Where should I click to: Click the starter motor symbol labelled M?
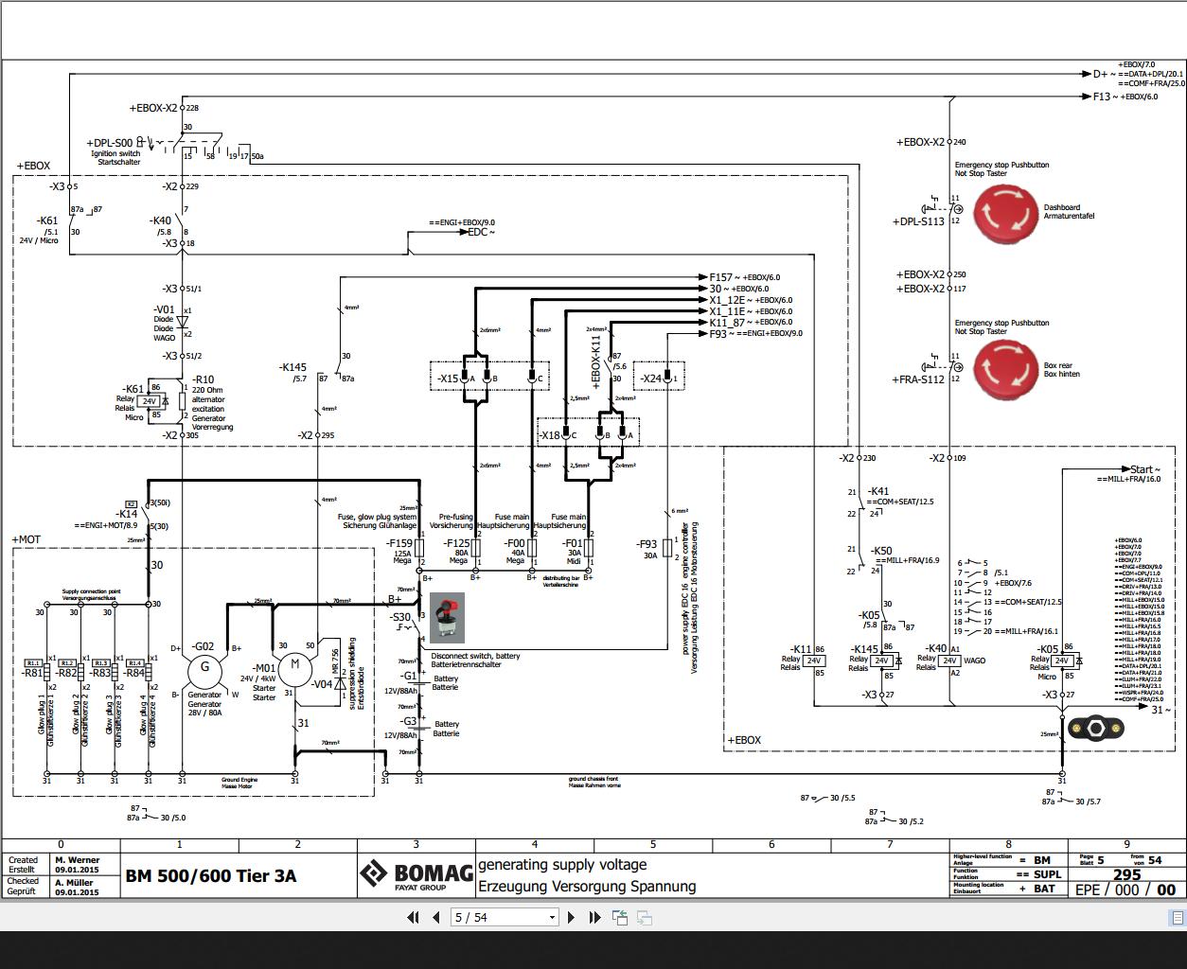pyautogui.click(x=294, y=665)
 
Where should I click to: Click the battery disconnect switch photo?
pyautogui.click(x=447, y=618)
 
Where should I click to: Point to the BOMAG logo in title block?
pyautogui.click(x=416, y=875)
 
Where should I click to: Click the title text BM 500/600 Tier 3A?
pyautogui.click(x=211, y=876)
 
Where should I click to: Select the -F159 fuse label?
pyautogui.click(x=399, y=543)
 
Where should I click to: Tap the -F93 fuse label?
pyautogui.click(x=647, y=544)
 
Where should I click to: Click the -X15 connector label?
pyautogui.click(x=448, y=379)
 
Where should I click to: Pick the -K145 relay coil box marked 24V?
pyautogui.click(x=883, y=661)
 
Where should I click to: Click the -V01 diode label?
pyautogui.click(x=164, y=309)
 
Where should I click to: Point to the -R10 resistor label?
pyautogui.click(x=204, y=379)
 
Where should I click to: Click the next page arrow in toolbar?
pyautogui.click(x=571, y=917)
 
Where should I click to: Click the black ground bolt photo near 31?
pyautogui.click(x=1096, y=728)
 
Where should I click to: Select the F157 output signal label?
pyautogui.click(x=721, y=277)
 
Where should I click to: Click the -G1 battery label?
pyautogui.click(x=409, y=676)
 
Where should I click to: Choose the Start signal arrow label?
pyautogui.click(x=1143, y=469)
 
